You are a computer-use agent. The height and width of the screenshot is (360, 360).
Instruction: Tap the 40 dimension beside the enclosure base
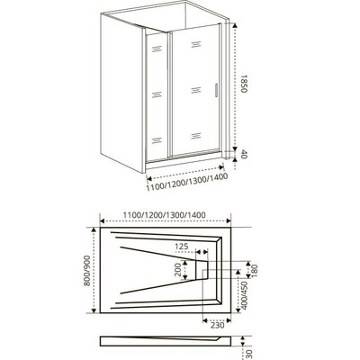point(244,154)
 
